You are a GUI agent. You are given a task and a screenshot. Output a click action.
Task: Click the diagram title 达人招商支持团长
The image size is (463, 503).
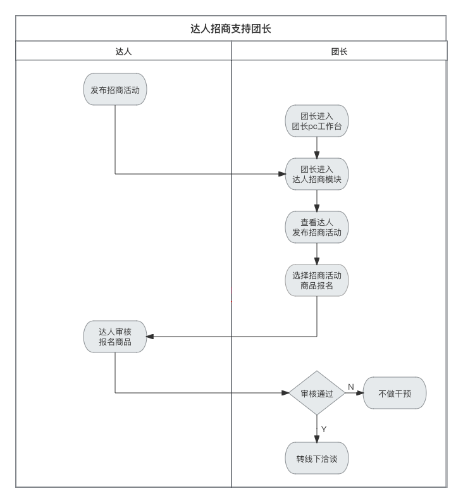(x=231, y=28)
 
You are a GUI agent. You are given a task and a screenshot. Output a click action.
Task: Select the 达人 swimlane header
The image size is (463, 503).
(x=123, y=51)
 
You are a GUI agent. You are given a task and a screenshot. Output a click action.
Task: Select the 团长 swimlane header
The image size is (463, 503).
(x=339, y=51)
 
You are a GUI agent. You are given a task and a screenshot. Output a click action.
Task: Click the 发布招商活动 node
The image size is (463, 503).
(x=115, y=89)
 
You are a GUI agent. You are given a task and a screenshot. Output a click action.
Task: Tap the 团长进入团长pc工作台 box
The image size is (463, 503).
(x=316, y=120)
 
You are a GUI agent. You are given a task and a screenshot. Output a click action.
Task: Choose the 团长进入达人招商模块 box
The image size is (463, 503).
(x=316, y=173)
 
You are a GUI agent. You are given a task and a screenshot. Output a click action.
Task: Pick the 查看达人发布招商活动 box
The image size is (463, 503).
(x=316, y=227)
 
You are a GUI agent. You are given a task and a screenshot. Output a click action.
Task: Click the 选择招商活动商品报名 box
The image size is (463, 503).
(x=316, y=280)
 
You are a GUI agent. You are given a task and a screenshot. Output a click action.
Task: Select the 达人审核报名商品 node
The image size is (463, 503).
(x=115, y=336)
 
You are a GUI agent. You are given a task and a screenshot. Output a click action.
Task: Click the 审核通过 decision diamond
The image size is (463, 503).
(x=316, y=393)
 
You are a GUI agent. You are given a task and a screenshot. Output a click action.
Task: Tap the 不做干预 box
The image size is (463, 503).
(x=395, y=393)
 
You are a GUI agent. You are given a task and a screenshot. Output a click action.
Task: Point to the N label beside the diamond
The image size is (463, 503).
(x=350, y=386)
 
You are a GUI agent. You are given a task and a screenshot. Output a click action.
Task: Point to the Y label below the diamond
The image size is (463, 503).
(x=324, y=429)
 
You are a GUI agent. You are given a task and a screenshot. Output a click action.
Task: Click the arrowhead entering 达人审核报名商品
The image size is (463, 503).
(x=151, y=336)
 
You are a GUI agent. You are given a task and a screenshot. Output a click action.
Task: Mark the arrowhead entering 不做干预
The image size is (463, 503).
(x=360, y=393)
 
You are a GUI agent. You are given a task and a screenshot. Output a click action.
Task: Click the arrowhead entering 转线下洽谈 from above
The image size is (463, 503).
(x=316, y=438)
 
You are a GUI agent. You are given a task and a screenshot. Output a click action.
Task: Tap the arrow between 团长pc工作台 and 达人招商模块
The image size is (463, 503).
(x=316, y=147)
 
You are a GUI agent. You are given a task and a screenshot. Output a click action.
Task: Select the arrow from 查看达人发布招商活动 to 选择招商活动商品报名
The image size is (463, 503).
(x=316, y=253)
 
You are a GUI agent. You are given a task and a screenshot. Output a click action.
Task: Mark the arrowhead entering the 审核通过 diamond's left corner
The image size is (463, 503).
(x=284, y=393)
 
